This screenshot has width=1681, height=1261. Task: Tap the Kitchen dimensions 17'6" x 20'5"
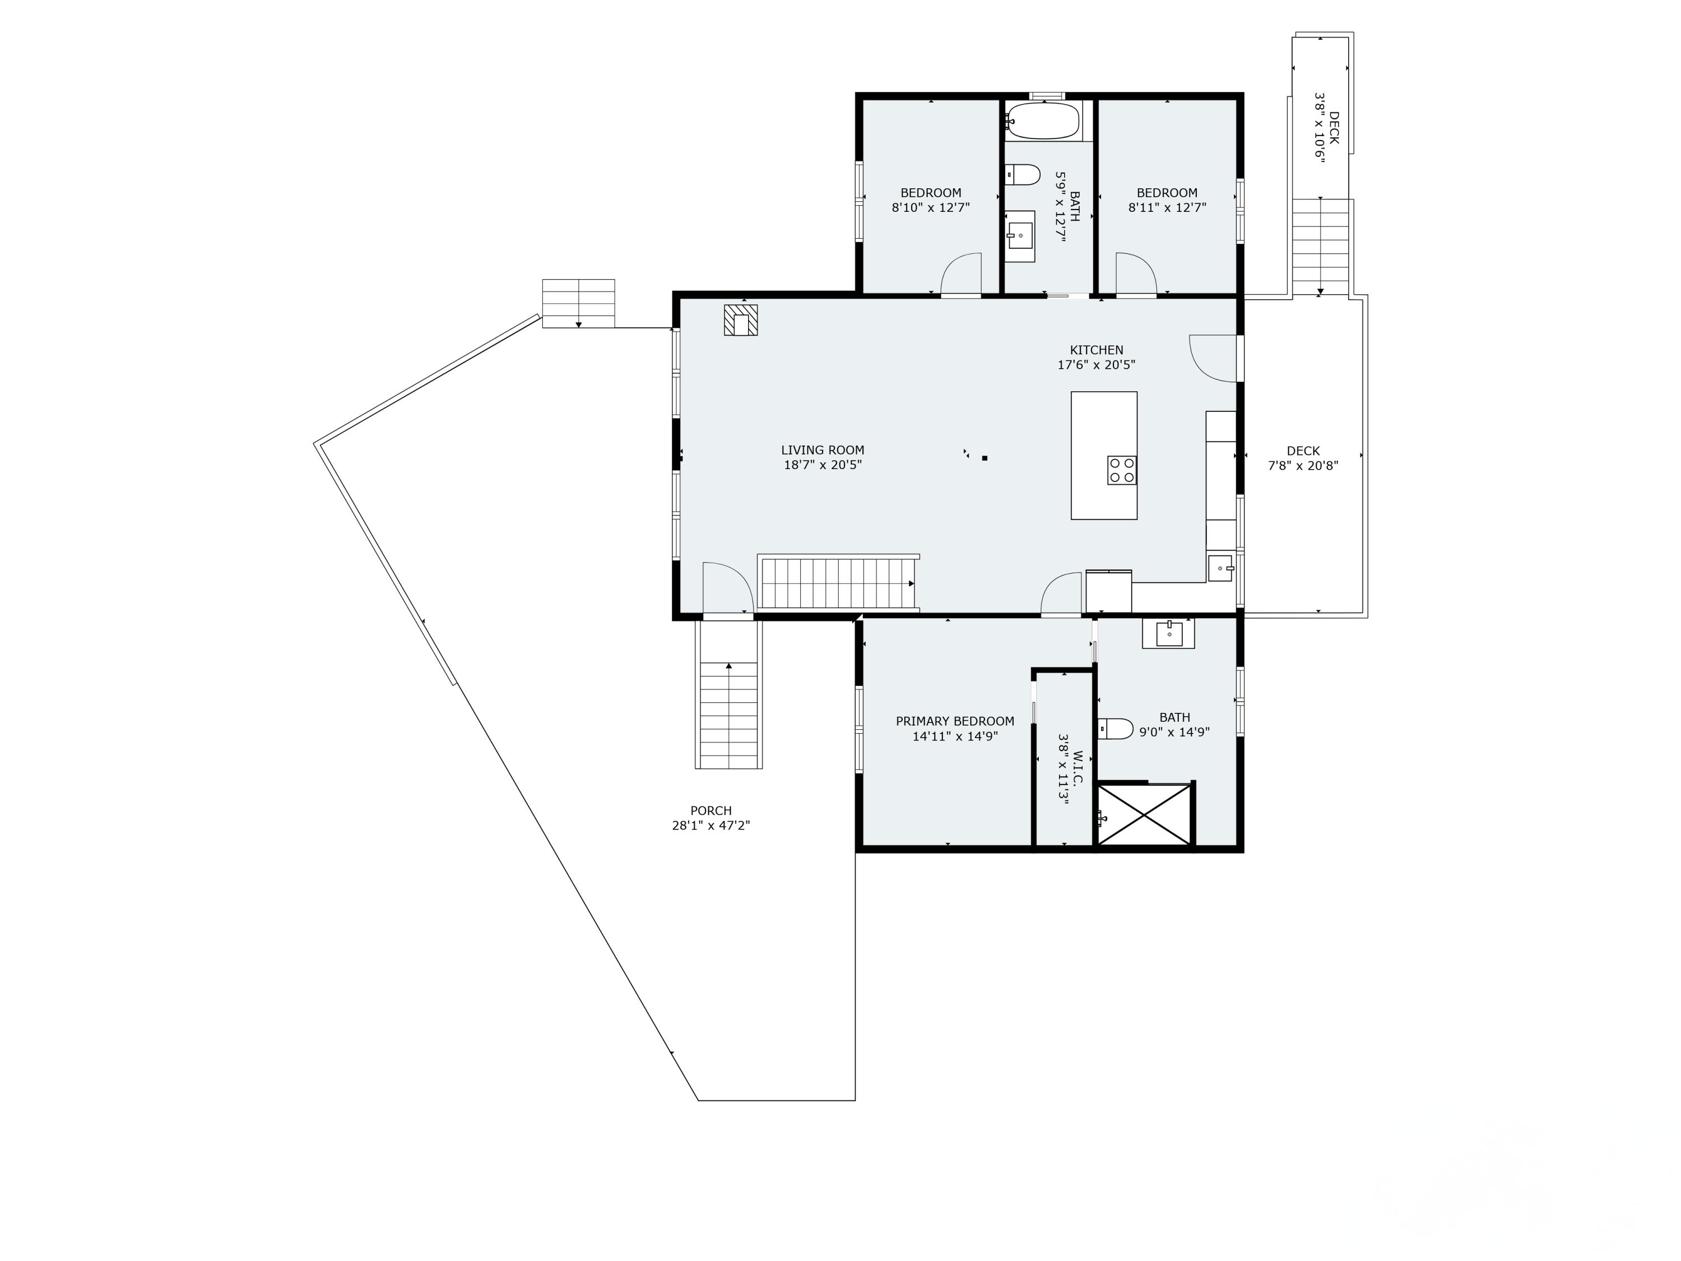1096,365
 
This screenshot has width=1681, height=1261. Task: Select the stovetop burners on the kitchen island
1122,470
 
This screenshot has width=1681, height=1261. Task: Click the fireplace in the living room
740,320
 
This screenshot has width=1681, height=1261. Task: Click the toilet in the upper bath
1023,175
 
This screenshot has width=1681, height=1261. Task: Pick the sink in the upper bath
1020,235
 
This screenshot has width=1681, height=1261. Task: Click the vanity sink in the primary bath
1168,633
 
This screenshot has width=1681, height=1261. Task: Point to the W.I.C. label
1077,768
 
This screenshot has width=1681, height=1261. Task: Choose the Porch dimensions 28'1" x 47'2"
711,826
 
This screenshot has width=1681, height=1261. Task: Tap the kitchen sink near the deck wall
1220,568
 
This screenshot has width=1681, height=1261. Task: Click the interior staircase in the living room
838,583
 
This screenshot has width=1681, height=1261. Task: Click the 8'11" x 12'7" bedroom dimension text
1167,207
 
